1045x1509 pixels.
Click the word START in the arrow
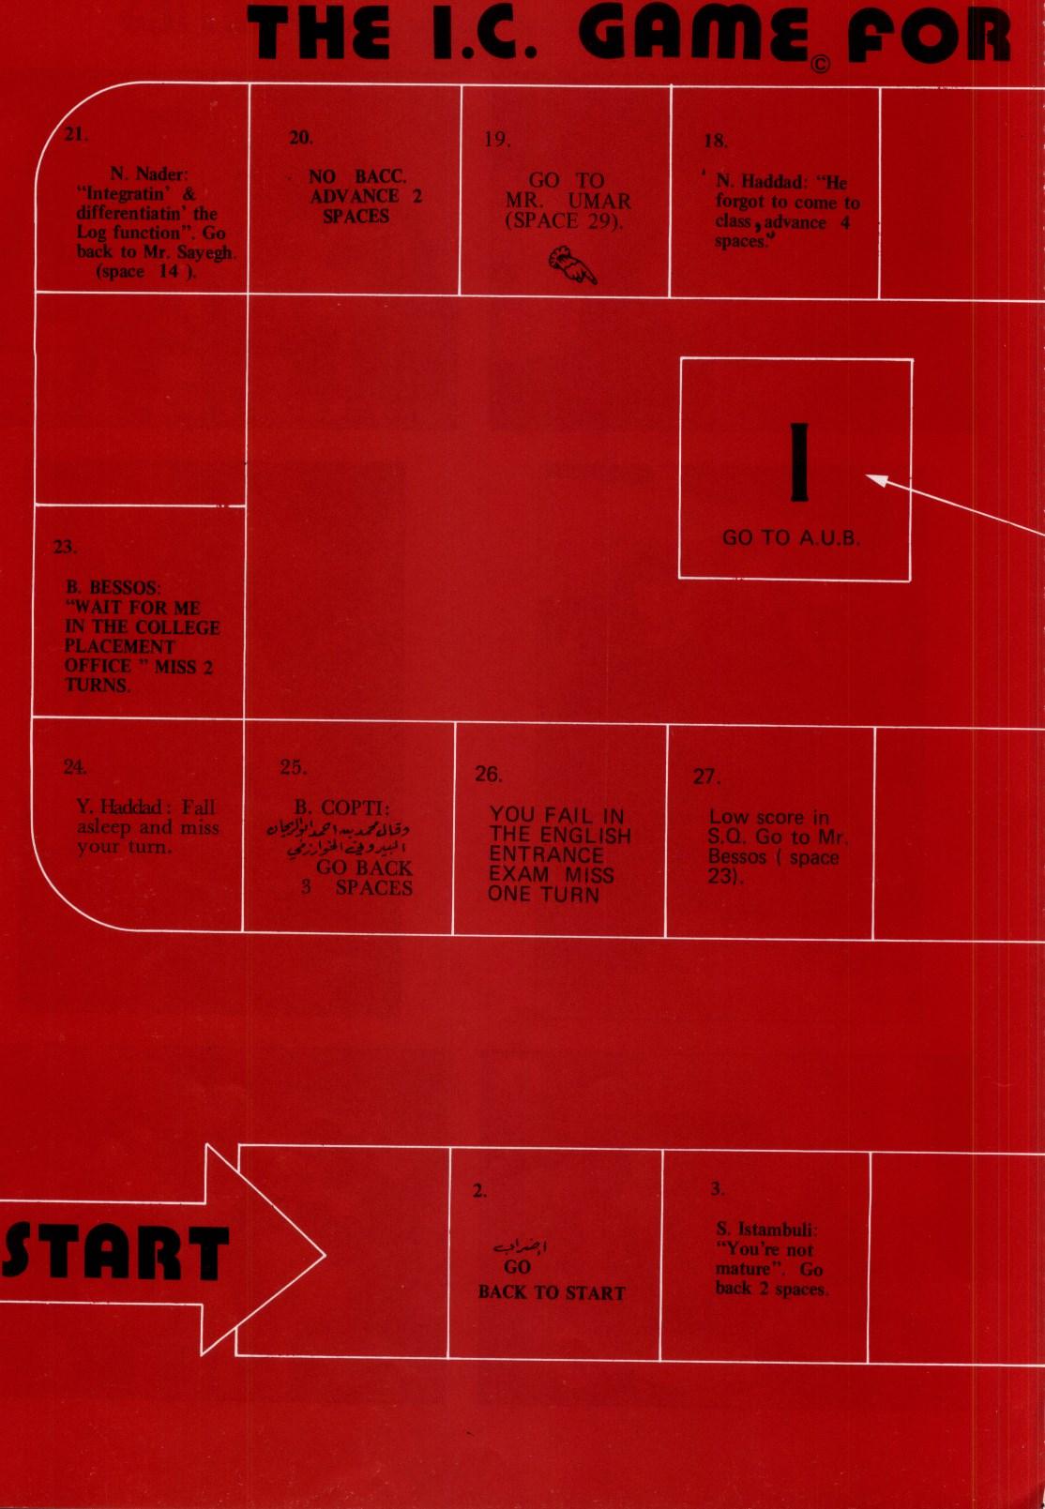click(x=115, y=1252)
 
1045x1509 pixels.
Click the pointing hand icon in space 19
click(x=572, y=264)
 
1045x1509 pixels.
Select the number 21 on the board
click(x=76, y=134)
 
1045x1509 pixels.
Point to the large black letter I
click(x=798, y=462)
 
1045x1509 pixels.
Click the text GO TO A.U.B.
click(x=791, y=538)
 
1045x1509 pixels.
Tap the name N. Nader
click(x=148, y=174)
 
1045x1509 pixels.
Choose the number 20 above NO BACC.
click(x=301, y=138)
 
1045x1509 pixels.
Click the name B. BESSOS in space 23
click(x=113, y=588)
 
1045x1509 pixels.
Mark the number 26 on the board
click(x=489, y=775)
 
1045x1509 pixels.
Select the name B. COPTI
click(x=342, y=807)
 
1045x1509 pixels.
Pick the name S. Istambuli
click(x=766, y=1230)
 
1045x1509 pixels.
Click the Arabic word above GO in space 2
click(x=521, y=1247)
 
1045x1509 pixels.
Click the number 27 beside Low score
click(x=705, y=777)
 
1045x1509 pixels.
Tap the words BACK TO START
click(x=552, y=1292)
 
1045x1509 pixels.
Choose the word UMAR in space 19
click(x=599, y=201)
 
